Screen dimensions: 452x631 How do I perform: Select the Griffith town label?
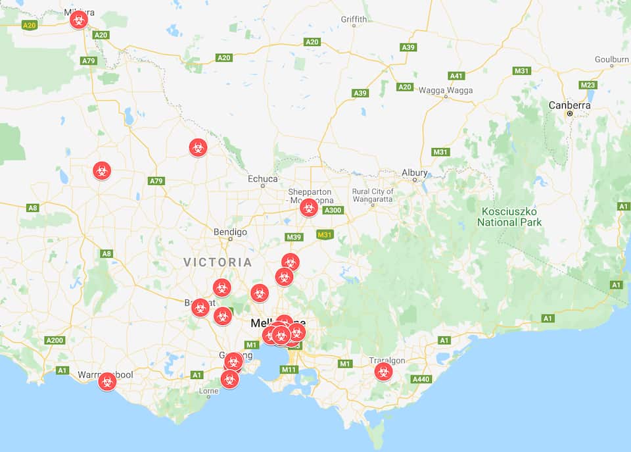[x=354, y=20]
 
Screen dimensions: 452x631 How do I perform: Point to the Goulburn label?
[x=611, y=59]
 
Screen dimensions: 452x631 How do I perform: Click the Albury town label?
[x=415, y=173]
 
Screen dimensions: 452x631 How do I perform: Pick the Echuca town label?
[x=262, y=179]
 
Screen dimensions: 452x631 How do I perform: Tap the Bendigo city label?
[x=230, y=232]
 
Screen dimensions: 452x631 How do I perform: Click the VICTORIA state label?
[x=218, y=263]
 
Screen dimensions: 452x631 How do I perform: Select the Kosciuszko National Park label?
[x=509, y=216]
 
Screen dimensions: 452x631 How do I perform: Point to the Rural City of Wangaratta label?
[x=372, y=195]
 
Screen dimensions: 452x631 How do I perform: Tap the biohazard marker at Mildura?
[x=79, y=19]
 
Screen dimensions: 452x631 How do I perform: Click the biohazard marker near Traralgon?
[x=383, y=372]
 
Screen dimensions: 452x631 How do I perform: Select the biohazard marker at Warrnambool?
[x=107, y=381]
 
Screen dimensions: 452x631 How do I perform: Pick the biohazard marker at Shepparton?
[x=308, y=208]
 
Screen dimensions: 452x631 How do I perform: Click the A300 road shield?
[x=333, y=211]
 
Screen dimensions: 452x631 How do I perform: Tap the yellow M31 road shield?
[x=325, y=234]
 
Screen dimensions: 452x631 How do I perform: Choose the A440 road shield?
[x=420, y=379]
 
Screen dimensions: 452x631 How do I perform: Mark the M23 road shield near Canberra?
[x=588, y=86]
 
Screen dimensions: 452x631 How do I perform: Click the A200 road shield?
[x=55, y=340]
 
